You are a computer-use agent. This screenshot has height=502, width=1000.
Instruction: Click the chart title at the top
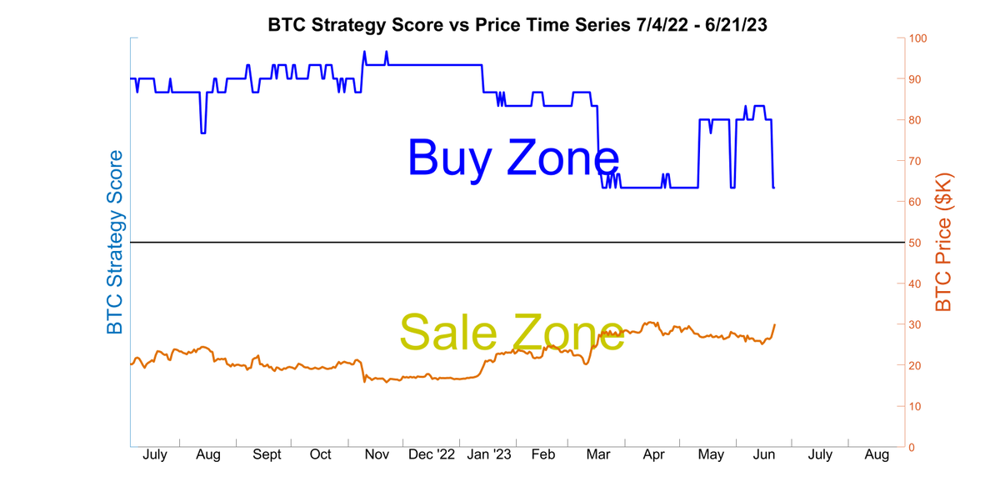tap(517, 24)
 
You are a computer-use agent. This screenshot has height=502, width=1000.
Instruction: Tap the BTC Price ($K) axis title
tap(943, 243)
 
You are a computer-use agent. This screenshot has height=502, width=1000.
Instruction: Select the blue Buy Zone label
tap(513, 158)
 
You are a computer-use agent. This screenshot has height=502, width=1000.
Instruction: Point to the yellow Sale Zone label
tap(512, 332)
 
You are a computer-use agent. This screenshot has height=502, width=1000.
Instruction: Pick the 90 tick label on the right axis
tap(917, 79)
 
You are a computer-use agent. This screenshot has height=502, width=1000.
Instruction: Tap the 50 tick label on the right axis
tap(917, 243)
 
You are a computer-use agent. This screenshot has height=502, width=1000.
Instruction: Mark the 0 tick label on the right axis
tap(913, 447)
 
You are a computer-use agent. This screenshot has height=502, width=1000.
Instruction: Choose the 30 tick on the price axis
tap(917, 324)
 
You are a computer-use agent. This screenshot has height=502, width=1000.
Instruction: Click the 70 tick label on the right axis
tap(917, 161)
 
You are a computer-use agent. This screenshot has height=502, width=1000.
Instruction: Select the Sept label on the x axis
tap(267, 455)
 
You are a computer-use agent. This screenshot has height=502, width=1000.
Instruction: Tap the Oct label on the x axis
tap(321, 455)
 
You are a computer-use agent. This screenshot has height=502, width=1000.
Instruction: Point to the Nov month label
tap(377, 455)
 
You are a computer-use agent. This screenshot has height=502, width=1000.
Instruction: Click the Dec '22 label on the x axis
tap(433, 455)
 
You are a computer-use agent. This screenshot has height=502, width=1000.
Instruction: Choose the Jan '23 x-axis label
tap(489, 455)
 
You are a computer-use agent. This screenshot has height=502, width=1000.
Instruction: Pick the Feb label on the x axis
tap(543, 455)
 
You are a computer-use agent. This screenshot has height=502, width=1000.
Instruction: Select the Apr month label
tap(654, 455)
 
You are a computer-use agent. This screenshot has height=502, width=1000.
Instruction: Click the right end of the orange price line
tap(775, 324)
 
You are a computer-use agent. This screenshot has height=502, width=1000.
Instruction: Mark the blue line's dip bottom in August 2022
tap(203, 133)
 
